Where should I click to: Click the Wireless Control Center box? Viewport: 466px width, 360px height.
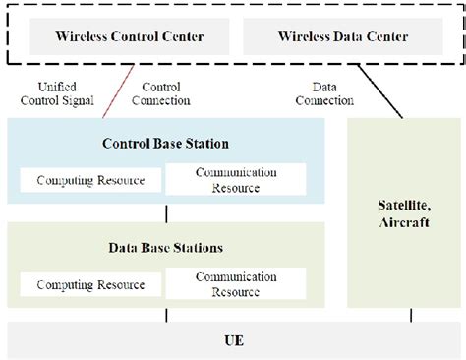[x=130, y=37]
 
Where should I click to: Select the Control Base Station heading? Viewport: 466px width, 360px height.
[x=165, y=144]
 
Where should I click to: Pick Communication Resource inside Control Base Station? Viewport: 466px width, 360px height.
[x=236, y=179]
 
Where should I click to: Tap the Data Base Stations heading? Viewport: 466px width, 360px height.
[x=165, y=248]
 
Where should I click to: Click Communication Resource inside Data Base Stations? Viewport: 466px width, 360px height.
[x=236, y=284]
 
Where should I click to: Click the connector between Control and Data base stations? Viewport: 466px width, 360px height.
[x=166, y=212]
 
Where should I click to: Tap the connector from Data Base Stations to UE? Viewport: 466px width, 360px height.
[x=166, y=315]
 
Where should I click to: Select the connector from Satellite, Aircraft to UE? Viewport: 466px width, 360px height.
[x=410, y=315]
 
